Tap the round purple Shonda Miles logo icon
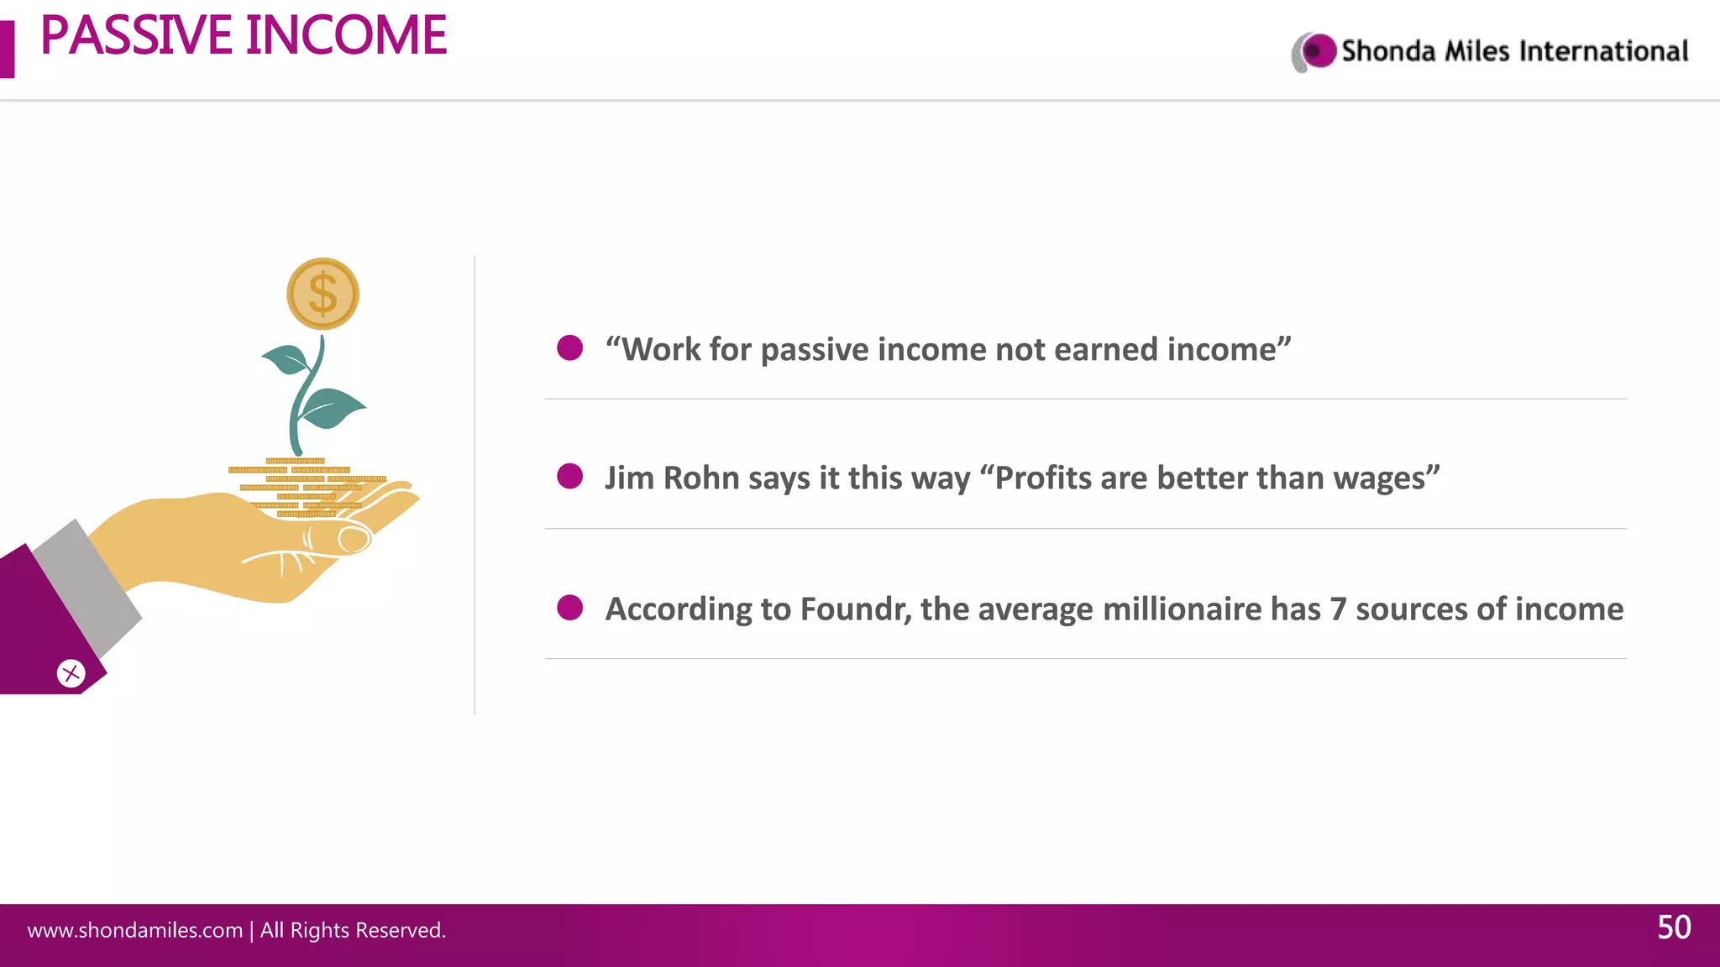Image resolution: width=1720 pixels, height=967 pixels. pyautogui.click(x=1318, y=51)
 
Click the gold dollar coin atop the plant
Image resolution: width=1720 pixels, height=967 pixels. pyautogui.click(x=322, y=294)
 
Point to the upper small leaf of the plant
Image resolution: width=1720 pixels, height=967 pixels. pyautogui.click(x=288, y=360)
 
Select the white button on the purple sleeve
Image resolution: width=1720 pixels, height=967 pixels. pyautogui.click(x=71, y=673)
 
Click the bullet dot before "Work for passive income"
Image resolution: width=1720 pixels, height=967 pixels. pyautogui.click(x=570, y=348)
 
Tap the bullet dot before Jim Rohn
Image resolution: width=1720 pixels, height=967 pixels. pyautogui.click(x=570, y=476)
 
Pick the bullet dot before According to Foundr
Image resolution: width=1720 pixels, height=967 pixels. pyautogui.click(x=570, y=607)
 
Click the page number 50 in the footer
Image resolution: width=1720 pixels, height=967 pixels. pyautogui.click(x=1674, y=928)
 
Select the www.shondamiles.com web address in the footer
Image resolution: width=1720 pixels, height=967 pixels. pyautogui.click(x=134, y=930)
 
